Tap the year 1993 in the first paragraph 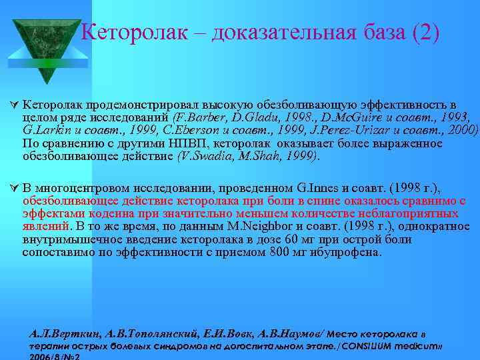click(457, 118)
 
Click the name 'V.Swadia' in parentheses click(203, 157)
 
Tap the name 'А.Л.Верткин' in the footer click(59, 334)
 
